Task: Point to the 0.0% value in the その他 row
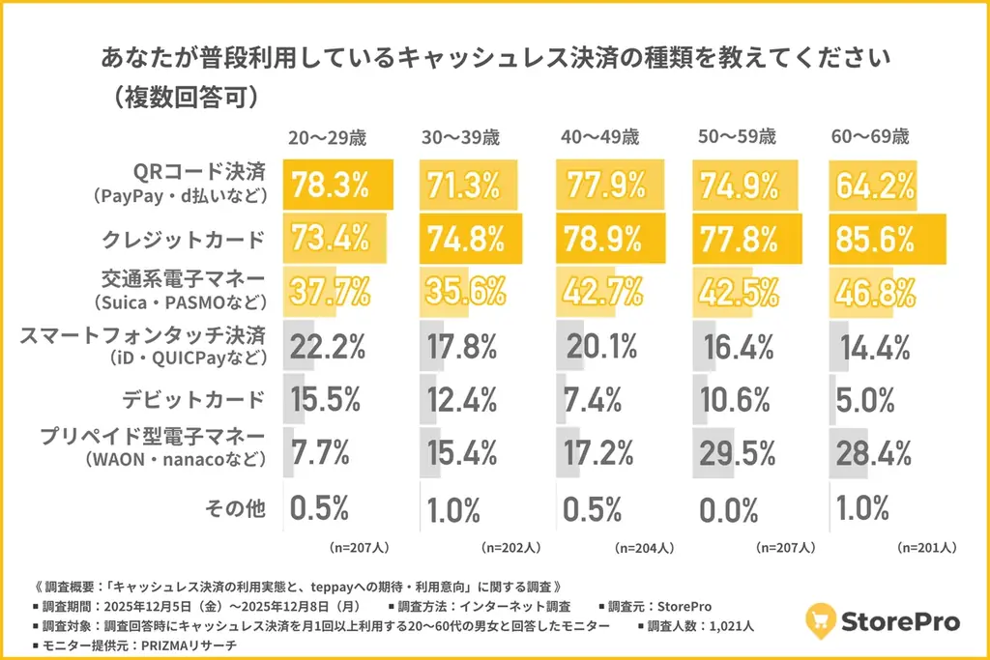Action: (x=731, y=506)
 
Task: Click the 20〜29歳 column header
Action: (x=327, y=136)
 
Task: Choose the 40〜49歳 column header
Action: (x=599, y=136)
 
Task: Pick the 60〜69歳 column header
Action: (x=870, y=136)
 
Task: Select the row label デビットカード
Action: (x=193, y=398)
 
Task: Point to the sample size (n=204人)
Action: (x=644, y=547)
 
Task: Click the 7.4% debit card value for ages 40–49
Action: (x=597, y=398)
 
